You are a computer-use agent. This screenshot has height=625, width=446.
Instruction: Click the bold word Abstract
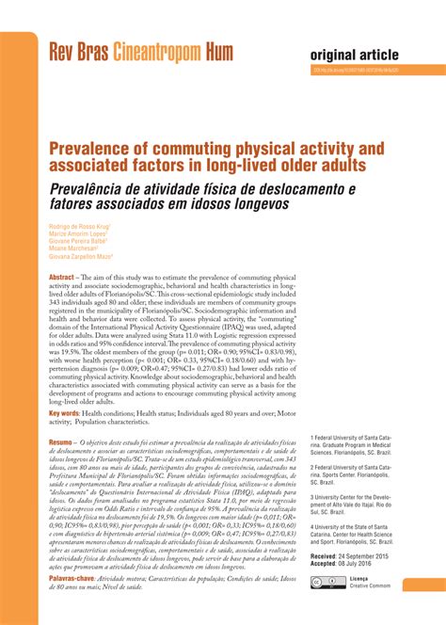click(x=62, y=279)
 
